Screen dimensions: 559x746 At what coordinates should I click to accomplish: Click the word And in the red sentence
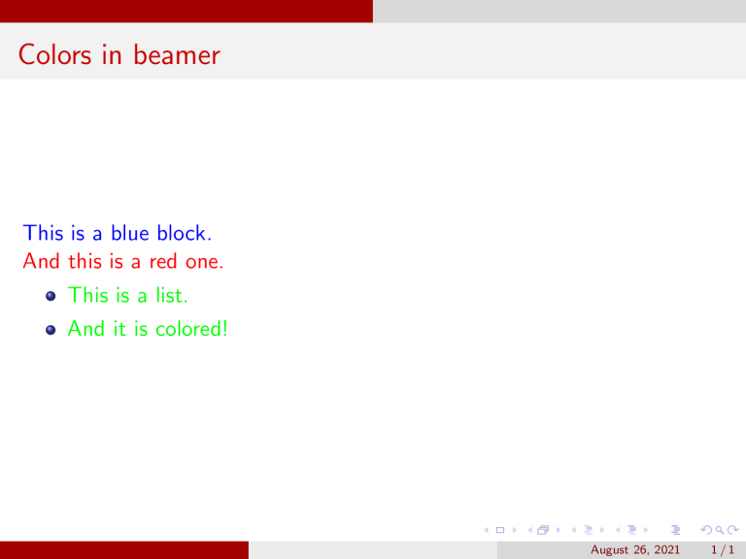pos(38,261)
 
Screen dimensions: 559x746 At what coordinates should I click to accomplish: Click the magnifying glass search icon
pos(720,530)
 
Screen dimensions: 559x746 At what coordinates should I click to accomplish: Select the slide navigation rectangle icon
pos(499,530)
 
